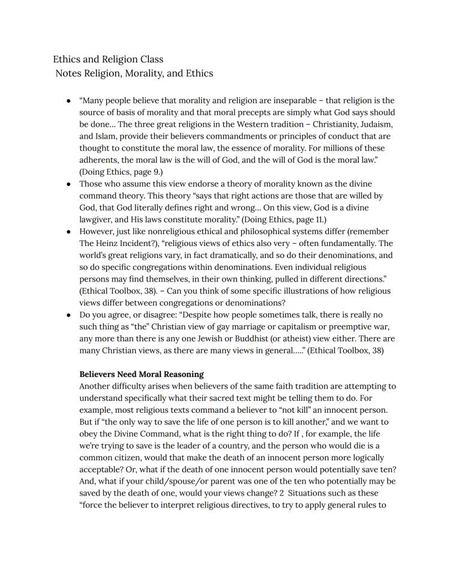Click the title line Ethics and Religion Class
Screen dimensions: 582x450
108,59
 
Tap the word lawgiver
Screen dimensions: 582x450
98,208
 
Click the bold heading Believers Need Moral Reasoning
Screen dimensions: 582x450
141,374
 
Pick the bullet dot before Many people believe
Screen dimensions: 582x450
70,101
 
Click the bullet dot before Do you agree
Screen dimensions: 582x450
70,315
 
